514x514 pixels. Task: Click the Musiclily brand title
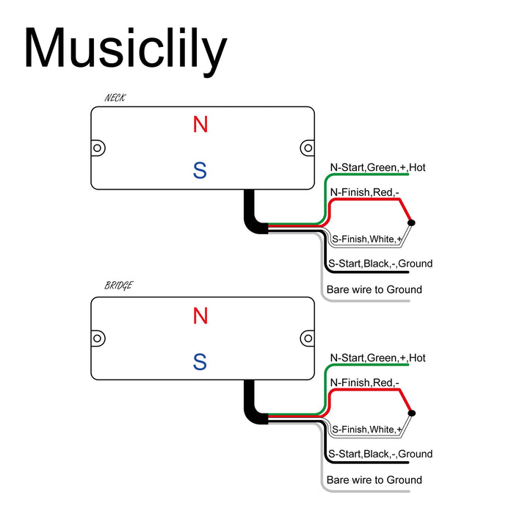click(125, 49)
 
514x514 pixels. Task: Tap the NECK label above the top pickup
click(116, 98)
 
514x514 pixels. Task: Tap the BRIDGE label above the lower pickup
click(119, 286)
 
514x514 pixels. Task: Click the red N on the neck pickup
click(200, 125)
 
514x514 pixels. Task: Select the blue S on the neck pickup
click(200, 170)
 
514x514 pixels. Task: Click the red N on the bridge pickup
click(200, 316)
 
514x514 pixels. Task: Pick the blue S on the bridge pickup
click(200, 362)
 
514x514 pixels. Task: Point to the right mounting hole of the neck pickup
click(307, 148)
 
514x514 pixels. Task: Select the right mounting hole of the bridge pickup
click(307, 338)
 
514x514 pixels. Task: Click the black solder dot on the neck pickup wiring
click(411, 222)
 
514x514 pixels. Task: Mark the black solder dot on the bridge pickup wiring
click(411, 413)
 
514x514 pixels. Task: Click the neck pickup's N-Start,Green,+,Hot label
click(377, 168)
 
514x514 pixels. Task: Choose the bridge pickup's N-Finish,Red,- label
click(364, 383)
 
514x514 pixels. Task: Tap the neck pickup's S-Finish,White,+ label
click(366, 239)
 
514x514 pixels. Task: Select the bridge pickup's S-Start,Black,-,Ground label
click(380, 454)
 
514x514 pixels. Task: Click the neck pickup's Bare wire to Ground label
click(374, 289)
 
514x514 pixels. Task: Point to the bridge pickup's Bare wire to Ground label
click(374, 480)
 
